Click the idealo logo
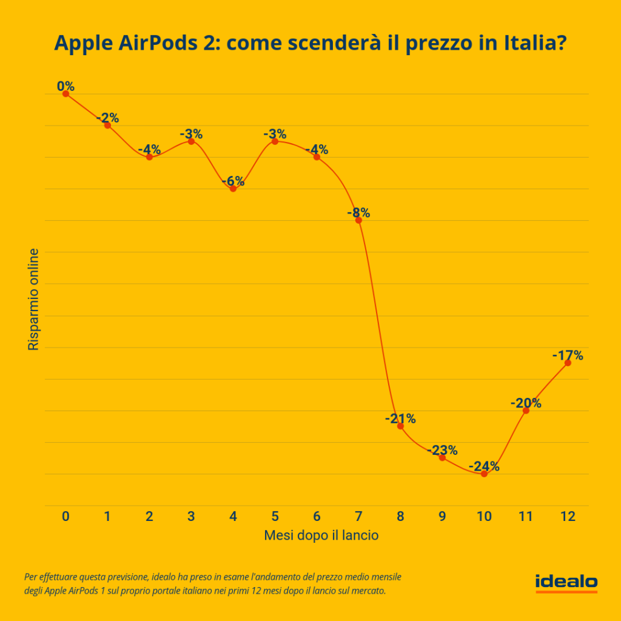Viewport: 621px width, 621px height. (x=566, y=582)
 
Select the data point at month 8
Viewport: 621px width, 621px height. (x=400, y=426)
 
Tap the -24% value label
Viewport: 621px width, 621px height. (x=485, y=466)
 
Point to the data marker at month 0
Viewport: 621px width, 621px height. (x=65, y=94)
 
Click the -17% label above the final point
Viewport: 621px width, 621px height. (x=568, y=355)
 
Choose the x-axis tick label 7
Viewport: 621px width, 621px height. (x=358, y=516)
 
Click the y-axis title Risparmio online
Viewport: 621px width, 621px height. (x=33, y=299)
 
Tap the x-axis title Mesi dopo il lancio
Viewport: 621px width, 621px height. (x=321, y=535)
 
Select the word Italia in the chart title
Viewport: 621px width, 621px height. (x=532, y=43)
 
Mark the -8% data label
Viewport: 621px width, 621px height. (x=358, y=213)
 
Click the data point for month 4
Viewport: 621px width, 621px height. (x=233, y=189)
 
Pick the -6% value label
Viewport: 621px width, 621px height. (x=233, y=181)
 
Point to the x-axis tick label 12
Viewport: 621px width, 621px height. (x=568, y=516)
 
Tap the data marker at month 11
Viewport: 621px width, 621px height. (x=526, y=411)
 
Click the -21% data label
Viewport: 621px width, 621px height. (x=400, y=418)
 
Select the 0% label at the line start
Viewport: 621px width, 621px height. (x=65, y=86)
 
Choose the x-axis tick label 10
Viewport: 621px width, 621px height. (x=484, y=516)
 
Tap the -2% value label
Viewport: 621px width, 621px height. (x=107, y=118)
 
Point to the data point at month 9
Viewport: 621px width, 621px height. (x=442, y=458)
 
